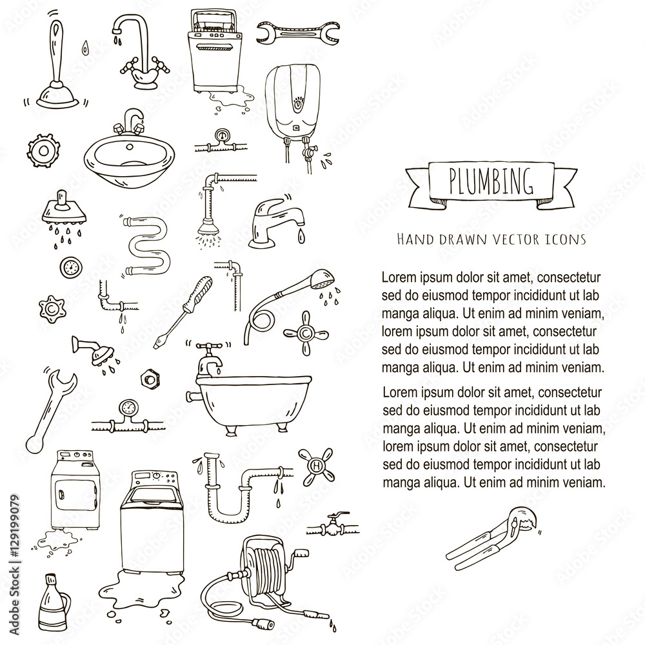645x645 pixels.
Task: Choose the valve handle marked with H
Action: coord(315,465)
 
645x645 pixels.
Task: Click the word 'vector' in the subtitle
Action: coord(510,239)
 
